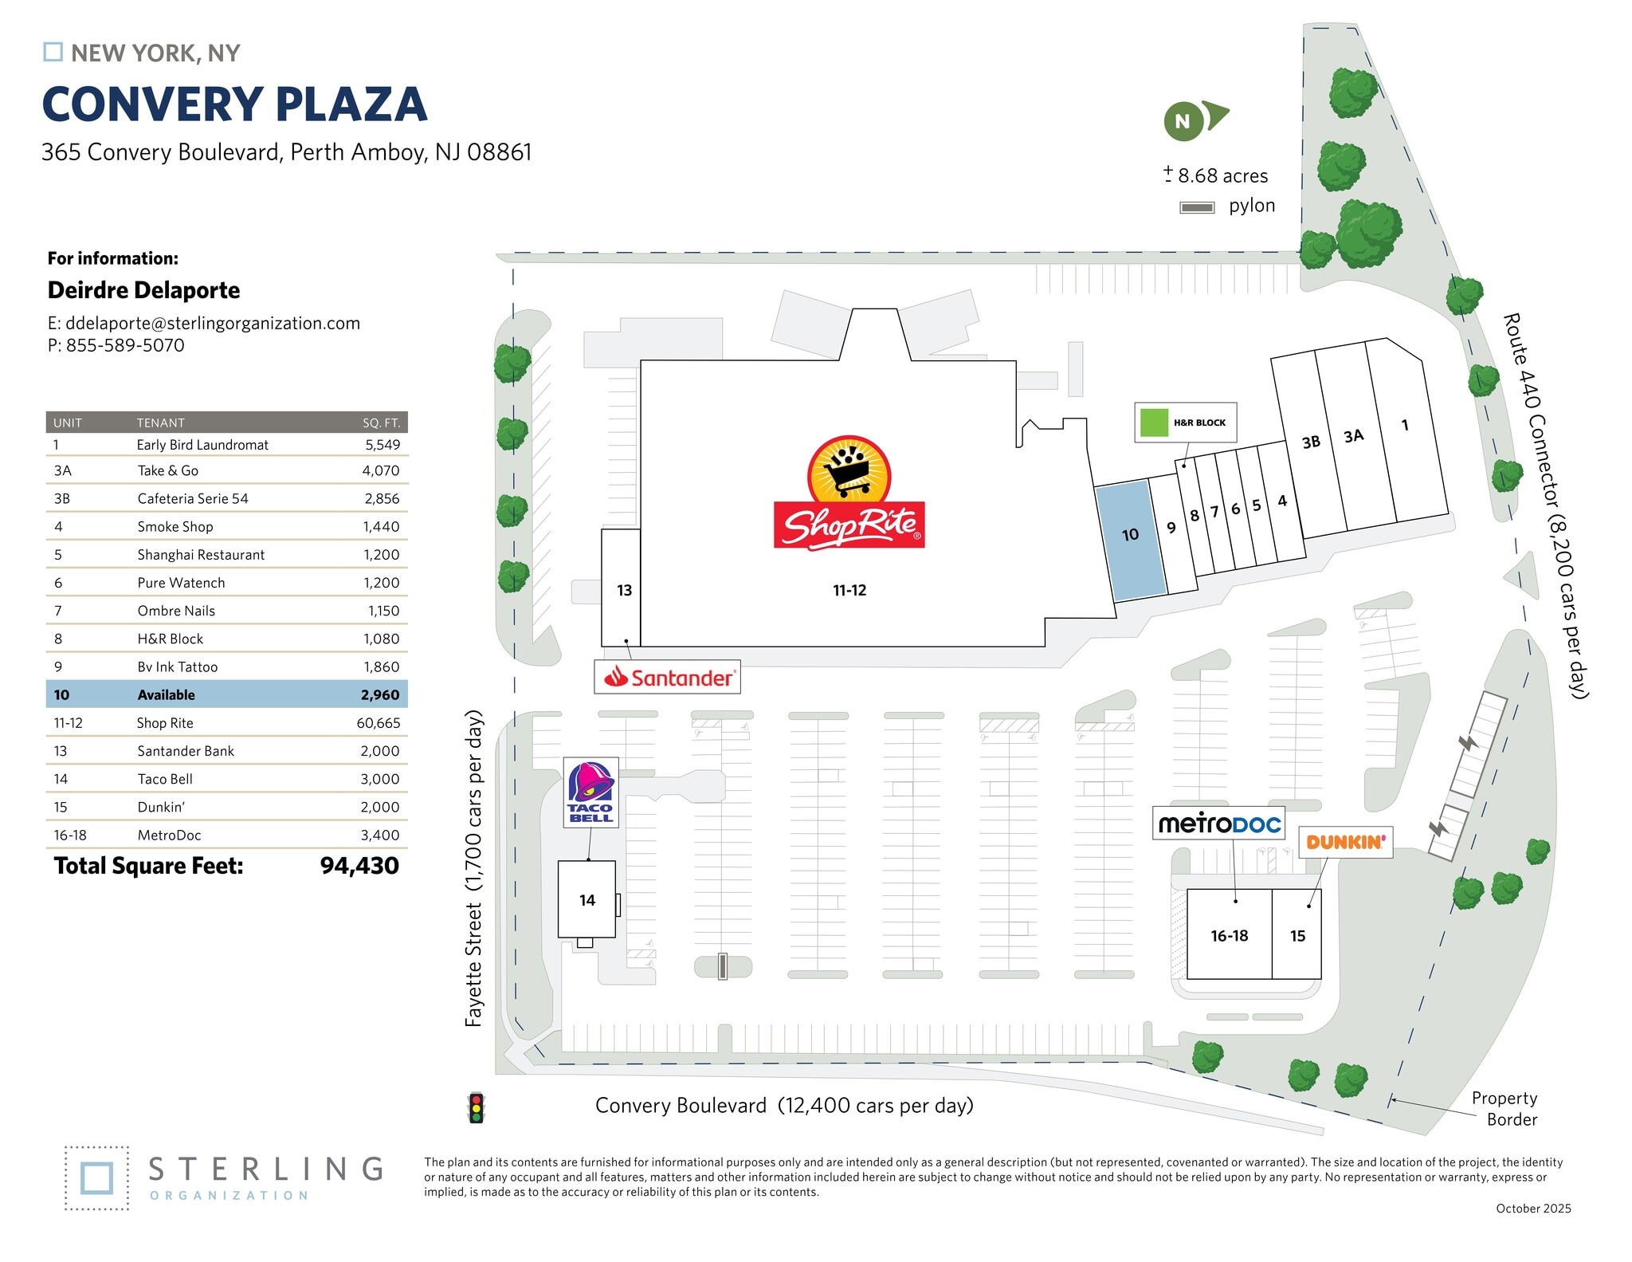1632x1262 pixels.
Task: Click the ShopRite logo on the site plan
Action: (849, 494)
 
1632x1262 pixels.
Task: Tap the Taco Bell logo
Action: (590, 792)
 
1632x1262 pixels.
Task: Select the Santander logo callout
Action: (668, 677)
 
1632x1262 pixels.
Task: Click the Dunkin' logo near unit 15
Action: (1345, 842)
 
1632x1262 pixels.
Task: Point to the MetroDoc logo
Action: (1218, 823)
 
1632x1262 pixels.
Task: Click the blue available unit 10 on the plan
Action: (1130, 537)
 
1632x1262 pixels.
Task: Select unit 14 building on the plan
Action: (586, 899)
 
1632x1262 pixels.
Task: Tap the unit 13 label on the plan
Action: (624, 590)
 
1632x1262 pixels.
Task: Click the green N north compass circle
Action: (1183, 122)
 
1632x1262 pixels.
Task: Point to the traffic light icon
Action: (477, 1107)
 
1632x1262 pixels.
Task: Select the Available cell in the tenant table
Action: (166, 695)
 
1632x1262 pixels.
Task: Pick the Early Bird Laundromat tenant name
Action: (202, 445)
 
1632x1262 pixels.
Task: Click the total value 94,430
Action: (359, 866)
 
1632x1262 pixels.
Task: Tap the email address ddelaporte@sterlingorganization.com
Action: (212, 323)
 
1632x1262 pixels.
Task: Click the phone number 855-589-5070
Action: (125, 345)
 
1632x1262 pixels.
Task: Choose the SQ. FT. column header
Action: (381, 423)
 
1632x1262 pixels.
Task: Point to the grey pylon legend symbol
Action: (1197, 207)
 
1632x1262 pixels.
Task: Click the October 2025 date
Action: (1533, 1209)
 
